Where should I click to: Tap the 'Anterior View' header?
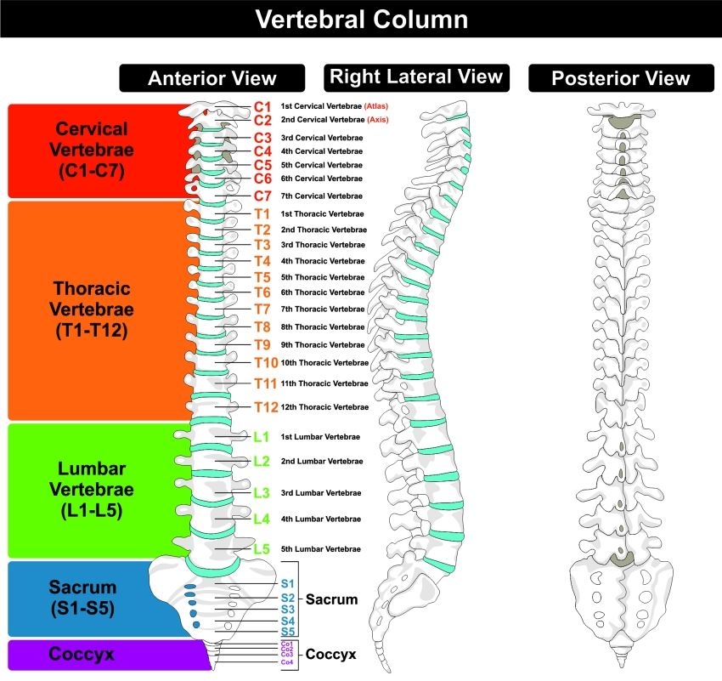[x=212, y=78]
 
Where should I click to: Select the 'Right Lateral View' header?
[x=415, y=77]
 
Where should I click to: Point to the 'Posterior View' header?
[x=620, y=79]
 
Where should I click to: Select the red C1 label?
[x=262, y=107]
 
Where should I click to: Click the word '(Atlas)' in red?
[x=376, y=107]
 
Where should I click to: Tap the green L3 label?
[x=262, y=492]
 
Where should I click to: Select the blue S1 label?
[x=287, y=584]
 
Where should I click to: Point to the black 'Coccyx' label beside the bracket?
[x=330, y=655]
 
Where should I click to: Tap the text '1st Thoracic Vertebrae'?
[x=322, y=213]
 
